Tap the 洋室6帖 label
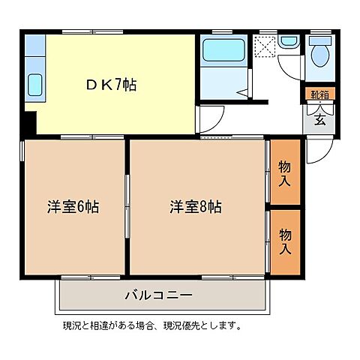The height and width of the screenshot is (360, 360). pyautogui.click(x=73, y=205)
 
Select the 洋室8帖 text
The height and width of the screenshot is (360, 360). pyautogui.click(x=195, y=205)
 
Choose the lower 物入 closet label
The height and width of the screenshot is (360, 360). pyautogui.click(x=285, y=241)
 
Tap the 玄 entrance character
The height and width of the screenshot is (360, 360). pyautogui.click(x=318, y=118)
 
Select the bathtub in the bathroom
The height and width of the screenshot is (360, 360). pyautogui.click(x=224, y=50)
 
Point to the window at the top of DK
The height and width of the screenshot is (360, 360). pyautogui.click(x=82, y=31)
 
